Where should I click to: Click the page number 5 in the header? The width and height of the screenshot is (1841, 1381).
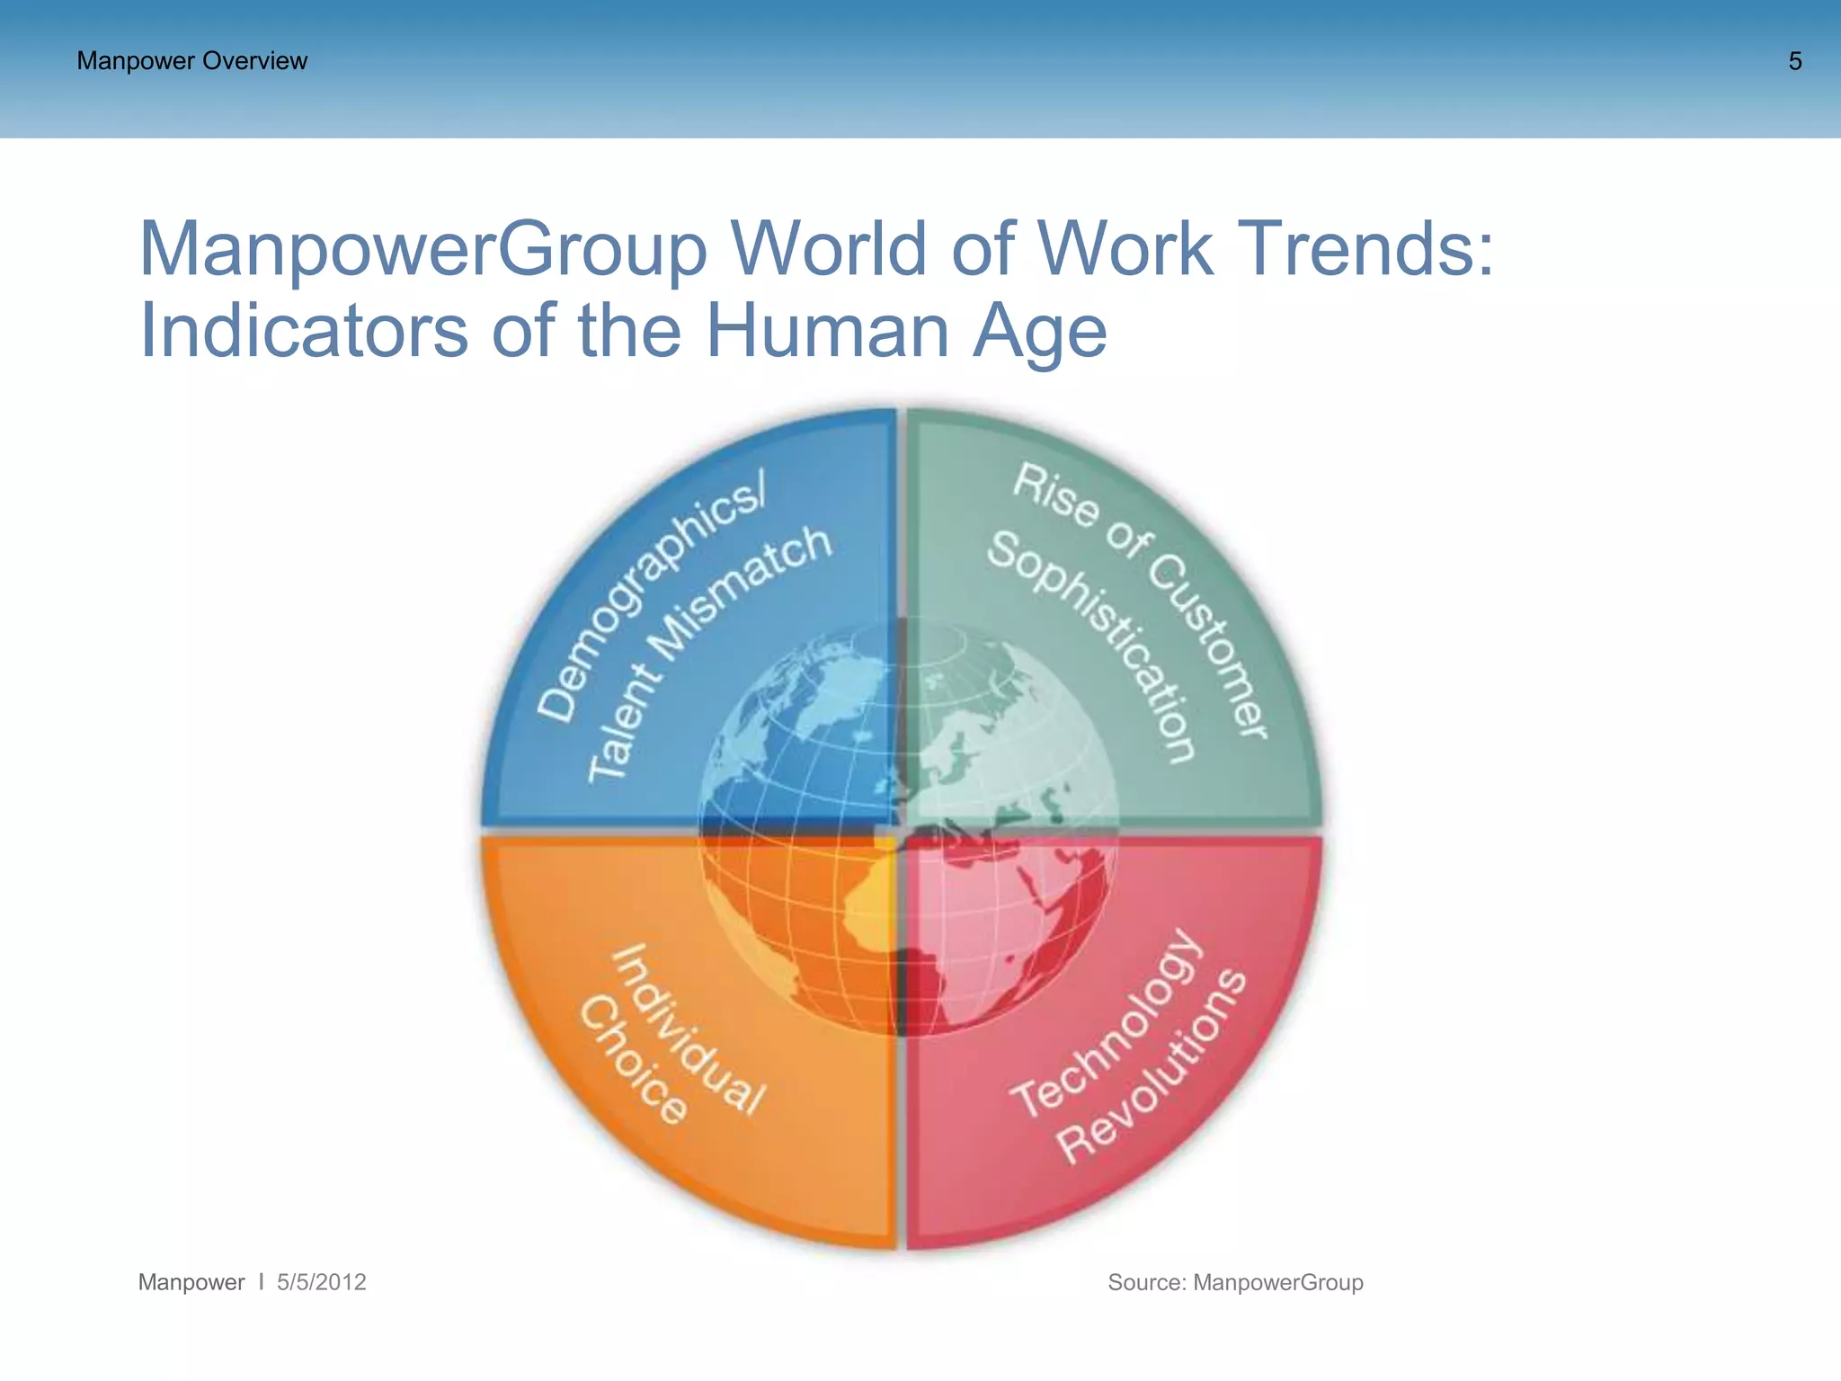coord(1794,61)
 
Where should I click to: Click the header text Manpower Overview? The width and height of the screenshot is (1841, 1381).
coord(191,61)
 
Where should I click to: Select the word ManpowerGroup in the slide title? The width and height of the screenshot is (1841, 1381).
coord(422,249)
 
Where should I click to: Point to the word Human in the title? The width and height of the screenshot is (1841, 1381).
coord(828,331)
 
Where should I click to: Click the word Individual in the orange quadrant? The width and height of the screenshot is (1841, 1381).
coord(689,1029)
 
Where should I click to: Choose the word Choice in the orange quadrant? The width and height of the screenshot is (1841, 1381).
coord(634,1060)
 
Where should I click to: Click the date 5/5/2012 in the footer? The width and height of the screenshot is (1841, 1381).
coord(321,1282)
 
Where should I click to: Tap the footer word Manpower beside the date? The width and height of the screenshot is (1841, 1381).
coord(191,1282)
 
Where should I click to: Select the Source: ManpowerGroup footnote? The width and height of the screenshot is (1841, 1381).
coord(1235,1282)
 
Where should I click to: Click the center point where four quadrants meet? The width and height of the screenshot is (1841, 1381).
coord(901,831)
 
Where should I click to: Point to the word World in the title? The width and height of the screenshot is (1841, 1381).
coord(828,249)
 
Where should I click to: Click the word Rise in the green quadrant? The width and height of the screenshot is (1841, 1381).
coord(1055,494)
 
